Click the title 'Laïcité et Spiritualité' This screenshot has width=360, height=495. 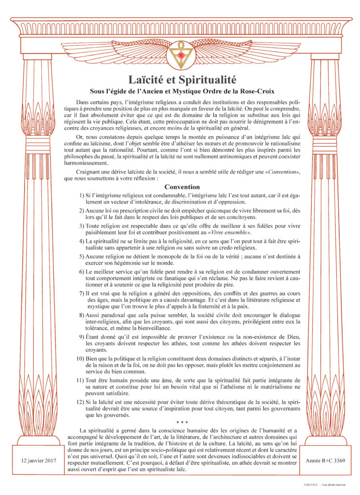tap(180, 78)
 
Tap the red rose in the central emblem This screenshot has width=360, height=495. tap(180, 56)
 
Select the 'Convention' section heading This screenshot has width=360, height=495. tap(180, 187)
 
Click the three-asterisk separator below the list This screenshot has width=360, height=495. tap(180, 422)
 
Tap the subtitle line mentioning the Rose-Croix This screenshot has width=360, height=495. tap(180, 90)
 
